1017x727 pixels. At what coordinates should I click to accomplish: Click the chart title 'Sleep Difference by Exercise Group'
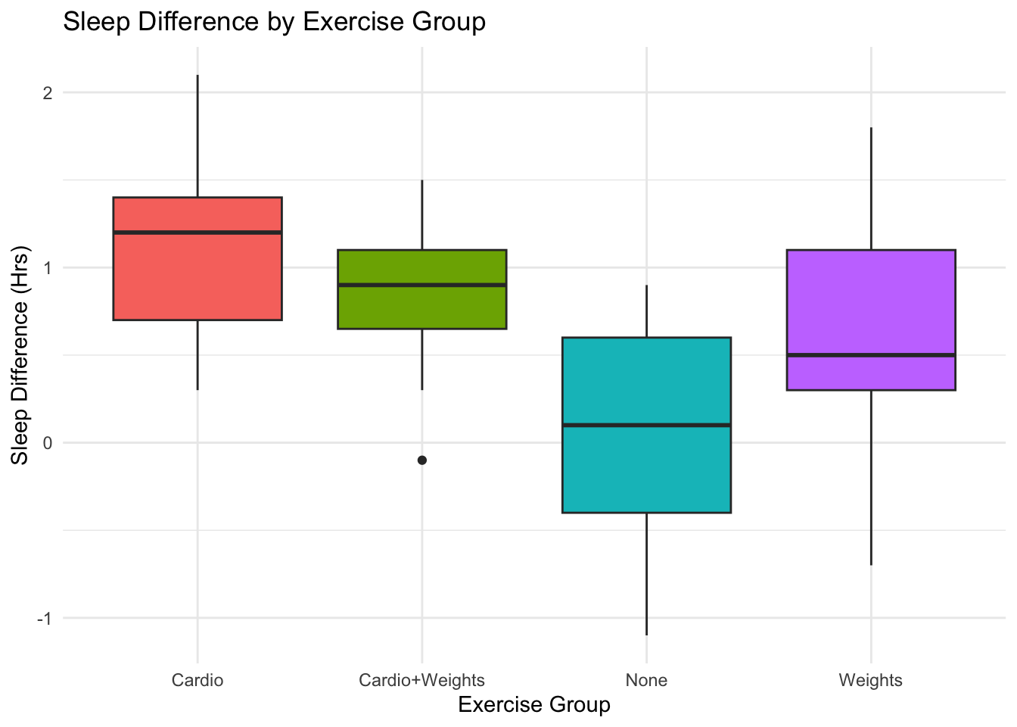pyautogui.click(x=274, y=22)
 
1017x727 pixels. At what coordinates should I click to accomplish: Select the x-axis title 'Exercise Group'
pyautogui.click(x=534, y=705)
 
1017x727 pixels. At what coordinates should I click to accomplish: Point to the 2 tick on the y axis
pyautogui.click(x=48, y=93)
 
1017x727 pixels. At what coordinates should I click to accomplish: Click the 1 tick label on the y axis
pyautogui.click(x=48, y=268)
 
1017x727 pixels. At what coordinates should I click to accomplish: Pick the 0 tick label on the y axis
pyautogui.click(x=48, y=443)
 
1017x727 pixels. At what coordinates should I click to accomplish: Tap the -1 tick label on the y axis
pyautogui.click(x=45, y=618)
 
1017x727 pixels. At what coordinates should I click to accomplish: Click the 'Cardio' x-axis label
pyautogui.click(x=197, y=680)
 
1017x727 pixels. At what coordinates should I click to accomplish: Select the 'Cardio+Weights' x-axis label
pyautogui.click(x=421, y=680)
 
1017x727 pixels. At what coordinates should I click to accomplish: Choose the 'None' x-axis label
pyautogui.click(x=646, y=680)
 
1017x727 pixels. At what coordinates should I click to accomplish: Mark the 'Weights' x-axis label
pyautogui.click(x=870, y=680)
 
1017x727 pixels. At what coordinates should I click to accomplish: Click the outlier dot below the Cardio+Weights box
pyautogui.click(x=422, y=460)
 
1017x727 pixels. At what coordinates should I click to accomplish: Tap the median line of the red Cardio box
pyautogui.click(x=197, y=232)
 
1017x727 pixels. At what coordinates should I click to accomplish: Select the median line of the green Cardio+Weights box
pyautogui.click(x=421, y=285)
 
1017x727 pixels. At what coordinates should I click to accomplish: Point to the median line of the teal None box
pyautogui.click(x=646, y=426)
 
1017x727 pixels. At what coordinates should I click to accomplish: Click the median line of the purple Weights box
pyautogui.click(x=870, y=355)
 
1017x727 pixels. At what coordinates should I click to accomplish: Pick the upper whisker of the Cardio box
pyautogui.click(x=197, y=136)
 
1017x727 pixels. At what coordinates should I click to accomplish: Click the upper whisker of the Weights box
pyautogui.click(x=871, y=189)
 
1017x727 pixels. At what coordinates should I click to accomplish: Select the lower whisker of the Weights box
pyautogui.click(x=871, y=477)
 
